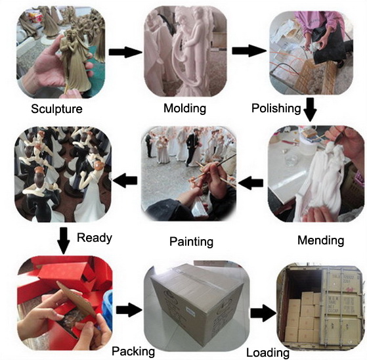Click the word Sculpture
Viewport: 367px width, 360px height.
coord(56,109)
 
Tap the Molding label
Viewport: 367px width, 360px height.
coord(184,108)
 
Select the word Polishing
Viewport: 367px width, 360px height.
coord(276,108)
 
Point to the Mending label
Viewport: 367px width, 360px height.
coord(320,240)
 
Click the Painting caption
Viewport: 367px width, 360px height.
coord(191,242)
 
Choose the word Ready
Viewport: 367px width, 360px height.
coord(95,238)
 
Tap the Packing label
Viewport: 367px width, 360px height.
coord(133,351)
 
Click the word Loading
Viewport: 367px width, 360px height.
coord(268,353)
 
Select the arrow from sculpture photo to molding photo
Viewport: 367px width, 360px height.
coord(125,52)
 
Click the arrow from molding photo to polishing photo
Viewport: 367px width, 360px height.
coord(249,51)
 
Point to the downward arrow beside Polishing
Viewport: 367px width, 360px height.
coord(310,110)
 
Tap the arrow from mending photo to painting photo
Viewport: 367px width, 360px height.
coord(251,183)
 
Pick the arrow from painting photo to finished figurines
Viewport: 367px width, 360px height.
coord(125,180)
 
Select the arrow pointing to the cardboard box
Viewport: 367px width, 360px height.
coord(129,310)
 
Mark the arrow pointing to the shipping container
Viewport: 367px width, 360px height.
coord(263,313)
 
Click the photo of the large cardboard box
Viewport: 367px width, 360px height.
coord(196,306)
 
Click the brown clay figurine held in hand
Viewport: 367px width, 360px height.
coord(75,62)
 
